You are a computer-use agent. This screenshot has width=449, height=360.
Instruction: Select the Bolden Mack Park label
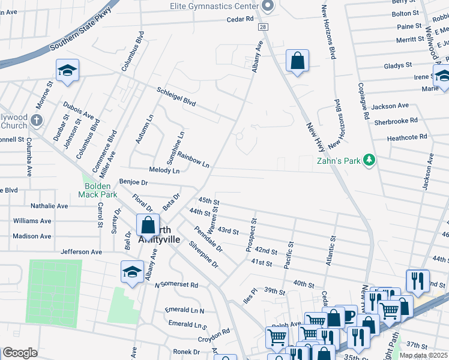click(97, 190)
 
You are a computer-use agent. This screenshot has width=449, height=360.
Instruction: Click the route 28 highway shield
click(263, 28)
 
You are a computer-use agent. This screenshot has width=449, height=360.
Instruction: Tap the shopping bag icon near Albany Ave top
click(297, 61)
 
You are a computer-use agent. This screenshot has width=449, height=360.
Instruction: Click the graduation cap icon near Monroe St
click(68, 71)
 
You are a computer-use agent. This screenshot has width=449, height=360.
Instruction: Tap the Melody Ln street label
click(164, 171)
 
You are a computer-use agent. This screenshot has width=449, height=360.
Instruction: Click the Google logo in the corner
click(20, 352)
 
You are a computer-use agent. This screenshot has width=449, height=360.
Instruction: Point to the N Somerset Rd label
click(176, 285)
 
